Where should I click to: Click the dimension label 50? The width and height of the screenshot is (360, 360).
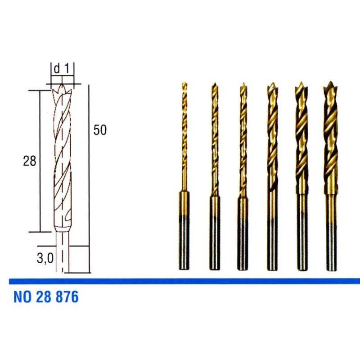[100, 130]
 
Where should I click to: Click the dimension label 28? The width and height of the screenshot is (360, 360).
[30, 161]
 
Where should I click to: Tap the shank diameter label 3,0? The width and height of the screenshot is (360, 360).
[45, 258]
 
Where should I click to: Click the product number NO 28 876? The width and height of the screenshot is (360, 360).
[46, 297]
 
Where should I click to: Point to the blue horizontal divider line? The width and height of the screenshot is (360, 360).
[184, 281]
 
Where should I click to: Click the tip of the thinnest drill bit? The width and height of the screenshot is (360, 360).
[184, 83]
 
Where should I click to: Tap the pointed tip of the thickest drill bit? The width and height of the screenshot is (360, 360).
[330, 82]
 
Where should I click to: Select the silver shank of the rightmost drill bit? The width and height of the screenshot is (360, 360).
[332, 246]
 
